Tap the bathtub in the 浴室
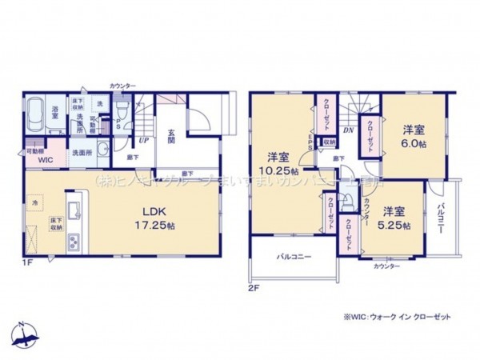click(x=37, y=119)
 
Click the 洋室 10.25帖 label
click(x=277, y=163)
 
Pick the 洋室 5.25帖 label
click(x=395, y=217)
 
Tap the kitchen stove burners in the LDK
click(x=74, y=241)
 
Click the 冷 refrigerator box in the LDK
click(x=36, y=204)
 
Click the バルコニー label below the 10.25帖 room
click(x=294, y=258)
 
